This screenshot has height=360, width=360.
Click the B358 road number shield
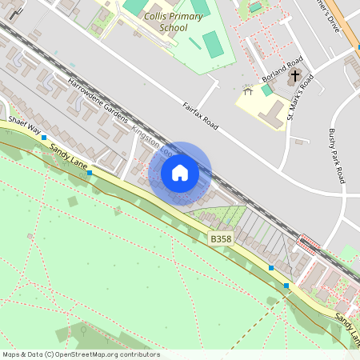point(220,238)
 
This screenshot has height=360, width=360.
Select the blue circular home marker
point(180,173)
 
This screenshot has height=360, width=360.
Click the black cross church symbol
point(295,76)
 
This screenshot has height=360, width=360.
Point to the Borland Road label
point(283,70)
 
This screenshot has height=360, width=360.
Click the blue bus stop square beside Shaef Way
point(43,138)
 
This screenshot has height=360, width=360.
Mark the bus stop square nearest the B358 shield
point(271,267)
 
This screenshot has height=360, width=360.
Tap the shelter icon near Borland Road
point(248,91)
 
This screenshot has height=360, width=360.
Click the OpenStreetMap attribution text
point(81,354)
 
